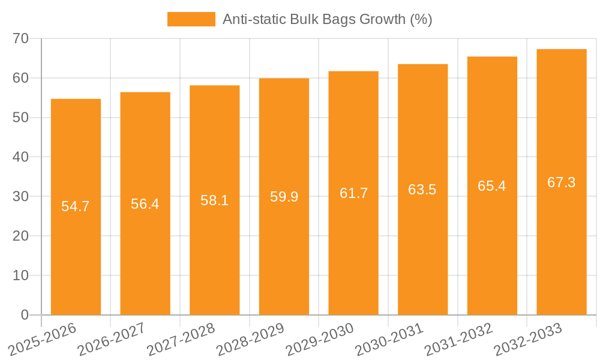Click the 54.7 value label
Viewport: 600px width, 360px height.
(76, 206)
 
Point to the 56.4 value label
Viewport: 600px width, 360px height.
(145, 204)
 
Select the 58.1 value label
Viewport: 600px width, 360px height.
(215, 200)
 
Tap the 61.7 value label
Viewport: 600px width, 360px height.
(353, 193)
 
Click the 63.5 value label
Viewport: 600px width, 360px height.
(422, 190)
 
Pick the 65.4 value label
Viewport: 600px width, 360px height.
(492, 186)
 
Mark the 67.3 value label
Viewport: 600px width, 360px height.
(562, 182)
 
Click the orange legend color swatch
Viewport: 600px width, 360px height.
(191, 19)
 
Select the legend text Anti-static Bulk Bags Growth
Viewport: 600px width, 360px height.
(327, 19)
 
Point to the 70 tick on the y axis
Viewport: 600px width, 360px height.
(21, 38)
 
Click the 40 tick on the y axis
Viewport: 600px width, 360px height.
(21, 157)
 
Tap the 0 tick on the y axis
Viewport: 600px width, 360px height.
(25, 314)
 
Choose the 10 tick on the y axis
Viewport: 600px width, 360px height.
(21, 275)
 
